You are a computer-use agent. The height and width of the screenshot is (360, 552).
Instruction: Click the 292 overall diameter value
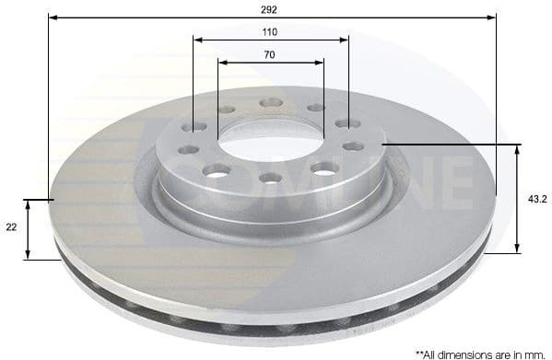click(271, 8)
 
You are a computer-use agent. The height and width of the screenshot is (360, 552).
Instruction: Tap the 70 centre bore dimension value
click(270, 55)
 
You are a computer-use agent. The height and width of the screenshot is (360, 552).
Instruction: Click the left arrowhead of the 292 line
click(53, 17)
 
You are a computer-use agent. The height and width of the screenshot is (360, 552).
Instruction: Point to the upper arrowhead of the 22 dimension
click(29, 203)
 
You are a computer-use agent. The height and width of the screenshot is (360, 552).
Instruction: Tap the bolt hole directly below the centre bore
click(270, 177)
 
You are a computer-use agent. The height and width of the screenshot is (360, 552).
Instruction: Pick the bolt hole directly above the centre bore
click(270, 102)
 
